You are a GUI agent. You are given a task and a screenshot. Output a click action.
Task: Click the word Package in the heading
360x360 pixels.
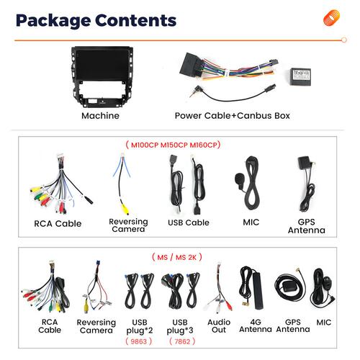pos(53,21)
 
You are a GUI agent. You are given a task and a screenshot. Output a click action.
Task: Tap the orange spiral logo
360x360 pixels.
pos(331,17)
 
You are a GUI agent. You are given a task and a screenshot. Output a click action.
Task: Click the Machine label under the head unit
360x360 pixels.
pos(100,116)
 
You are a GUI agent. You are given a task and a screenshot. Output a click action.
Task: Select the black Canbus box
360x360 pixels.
pos(300,76)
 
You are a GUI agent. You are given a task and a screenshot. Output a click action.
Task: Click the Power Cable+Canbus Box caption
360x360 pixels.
pos(232,116)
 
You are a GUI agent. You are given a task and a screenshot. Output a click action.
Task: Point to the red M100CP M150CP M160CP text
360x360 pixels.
pos(173,145)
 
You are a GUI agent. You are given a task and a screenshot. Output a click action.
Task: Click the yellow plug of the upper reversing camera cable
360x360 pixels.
pos(125,209)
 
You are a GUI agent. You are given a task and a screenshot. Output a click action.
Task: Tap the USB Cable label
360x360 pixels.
pos(189,222)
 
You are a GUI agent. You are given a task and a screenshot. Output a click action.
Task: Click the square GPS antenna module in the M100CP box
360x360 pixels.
pos(305,163)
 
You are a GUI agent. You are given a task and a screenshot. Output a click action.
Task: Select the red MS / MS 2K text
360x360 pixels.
pos(177,258)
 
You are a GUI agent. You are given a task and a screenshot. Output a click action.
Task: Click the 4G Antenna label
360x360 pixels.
pos(256,325)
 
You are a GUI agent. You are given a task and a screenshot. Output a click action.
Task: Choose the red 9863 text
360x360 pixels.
pos(139,341)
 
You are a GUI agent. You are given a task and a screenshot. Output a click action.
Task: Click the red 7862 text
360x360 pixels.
pos(182,341)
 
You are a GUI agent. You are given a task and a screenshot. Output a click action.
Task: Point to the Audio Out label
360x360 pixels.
pos(219,326)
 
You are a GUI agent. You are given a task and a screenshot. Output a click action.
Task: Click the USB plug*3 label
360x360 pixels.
pos(180,326)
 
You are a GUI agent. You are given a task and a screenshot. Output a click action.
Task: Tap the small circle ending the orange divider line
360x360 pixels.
pos(344,40)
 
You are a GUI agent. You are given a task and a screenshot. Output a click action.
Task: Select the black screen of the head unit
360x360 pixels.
pos(102,65)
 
